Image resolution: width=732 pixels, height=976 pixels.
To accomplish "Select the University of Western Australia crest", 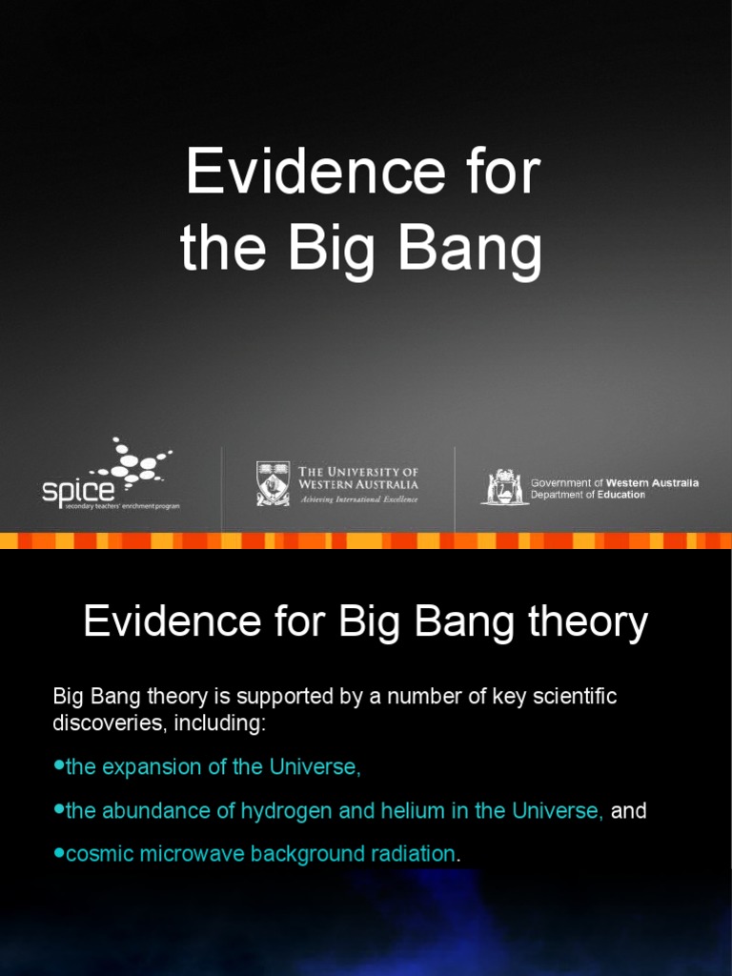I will (274, 483).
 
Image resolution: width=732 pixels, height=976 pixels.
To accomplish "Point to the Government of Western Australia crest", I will (503, 487).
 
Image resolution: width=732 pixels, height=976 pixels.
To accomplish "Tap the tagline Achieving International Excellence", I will (358, 498).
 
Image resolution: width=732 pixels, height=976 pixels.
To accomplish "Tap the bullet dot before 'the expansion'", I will (59, 765).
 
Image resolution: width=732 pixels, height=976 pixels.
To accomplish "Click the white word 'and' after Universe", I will (628, 811).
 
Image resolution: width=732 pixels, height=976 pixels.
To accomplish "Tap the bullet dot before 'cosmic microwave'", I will (59, 852).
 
